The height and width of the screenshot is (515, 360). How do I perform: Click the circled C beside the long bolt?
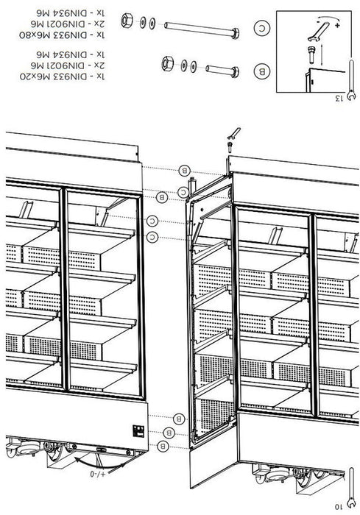coord(262,28)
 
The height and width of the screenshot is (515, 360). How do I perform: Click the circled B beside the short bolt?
coord(262,71)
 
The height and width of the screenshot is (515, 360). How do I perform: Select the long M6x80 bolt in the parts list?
coord(202,29)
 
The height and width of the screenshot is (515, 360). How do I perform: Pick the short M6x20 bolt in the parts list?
coord(222,71)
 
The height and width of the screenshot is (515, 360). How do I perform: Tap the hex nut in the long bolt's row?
coord(127,21)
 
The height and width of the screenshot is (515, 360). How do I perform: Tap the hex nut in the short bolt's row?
coord(167,63)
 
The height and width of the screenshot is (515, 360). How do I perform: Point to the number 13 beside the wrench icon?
coord(339,98)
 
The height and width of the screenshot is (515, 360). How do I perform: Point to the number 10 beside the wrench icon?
coord(339,506)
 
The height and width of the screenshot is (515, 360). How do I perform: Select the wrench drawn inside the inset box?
coord(318,32)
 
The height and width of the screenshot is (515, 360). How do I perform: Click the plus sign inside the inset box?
coord(337,25)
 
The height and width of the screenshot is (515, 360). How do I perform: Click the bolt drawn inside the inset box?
coord(311,54)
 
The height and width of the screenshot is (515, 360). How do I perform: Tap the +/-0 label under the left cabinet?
coord(98,474)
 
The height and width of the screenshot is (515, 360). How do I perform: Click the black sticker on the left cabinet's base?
coord(138,430)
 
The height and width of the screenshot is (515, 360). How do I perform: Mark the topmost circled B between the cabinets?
coord(185,171)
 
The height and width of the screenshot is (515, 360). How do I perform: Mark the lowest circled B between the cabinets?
coord(163,446)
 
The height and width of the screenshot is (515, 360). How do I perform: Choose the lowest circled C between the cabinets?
coord(152,237)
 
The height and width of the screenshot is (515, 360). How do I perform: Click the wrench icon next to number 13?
coord(351,79)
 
